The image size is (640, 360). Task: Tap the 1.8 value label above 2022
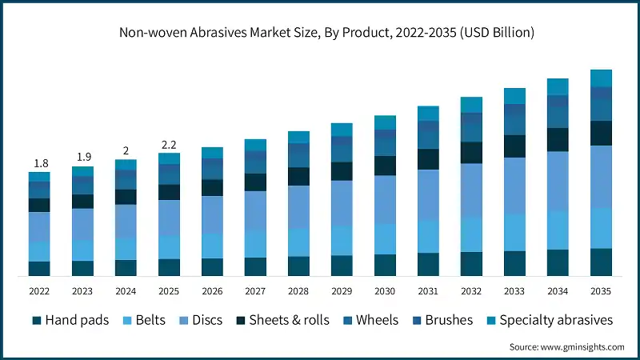(39, 163)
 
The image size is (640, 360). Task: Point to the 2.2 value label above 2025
(169, 145)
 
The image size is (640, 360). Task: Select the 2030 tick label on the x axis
(385, 290)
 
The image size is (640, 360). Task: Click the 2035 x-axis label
(601, 290)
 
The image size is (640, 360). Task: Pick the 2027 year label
(255, 290)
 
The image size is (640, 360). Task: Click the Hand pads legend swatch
(37, 320)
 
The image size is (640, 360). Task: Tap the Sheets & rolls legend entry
(289, 320)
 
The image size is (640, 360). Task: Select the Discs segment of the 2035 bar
(601, 176)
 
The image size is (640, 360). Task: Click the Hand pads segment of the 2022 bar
(39, 269)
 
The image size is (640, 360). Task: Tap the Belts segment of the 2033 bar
(514, 232)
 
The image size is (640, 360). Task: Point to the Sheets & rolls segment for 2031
(428, 159)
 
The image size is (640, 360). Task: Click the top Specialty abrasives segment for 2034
(558, 86)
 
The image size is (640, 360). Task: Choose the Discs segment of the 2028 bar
(298, 206)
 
